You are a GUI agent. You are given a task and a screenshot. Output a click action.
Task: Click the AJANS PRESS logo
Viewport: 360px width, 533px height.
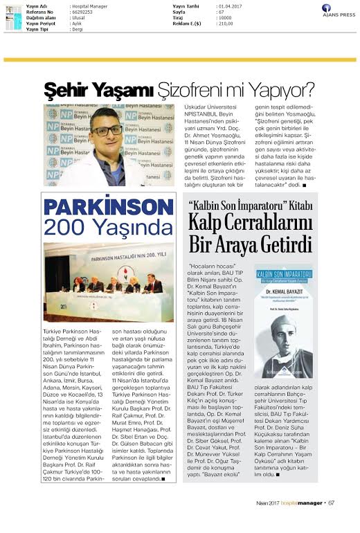336,11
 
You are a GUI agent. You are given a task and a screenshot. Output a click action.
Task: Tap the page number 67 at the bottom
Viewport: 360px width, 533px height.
332,522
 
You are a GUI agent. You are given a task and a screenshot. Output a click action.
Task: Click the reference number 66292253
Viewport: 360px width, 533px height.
83,12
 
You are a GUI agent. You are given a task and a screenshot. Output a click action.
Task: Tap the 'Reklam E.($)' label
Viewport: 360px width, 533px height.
187,24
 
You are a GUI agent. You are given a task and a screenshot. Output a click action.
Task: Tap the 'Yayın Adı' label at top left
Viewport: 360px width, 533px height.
35,6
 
